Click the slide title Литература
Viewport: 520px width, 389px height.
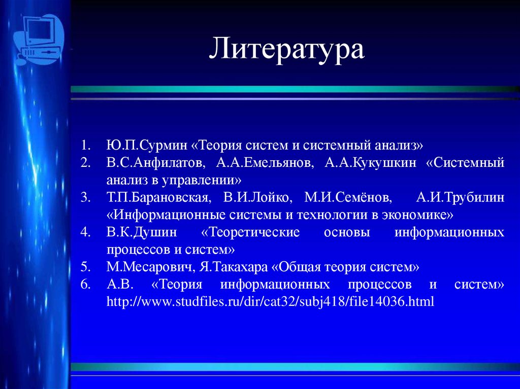tap(287, 49)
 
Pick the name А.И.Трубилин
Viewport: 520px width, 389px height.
tap(460, 198)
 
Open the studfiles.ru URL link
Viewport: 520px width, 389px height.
tap(270, 302)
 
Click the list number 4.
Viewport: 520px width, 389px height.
tap(85, 233)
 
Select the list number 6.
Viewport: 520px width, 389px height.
tap(85, 285)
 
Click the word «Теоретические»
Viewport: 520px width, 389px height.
tap(250, 233)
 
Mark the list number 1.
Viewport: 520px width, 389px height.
tap(85, 146)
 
